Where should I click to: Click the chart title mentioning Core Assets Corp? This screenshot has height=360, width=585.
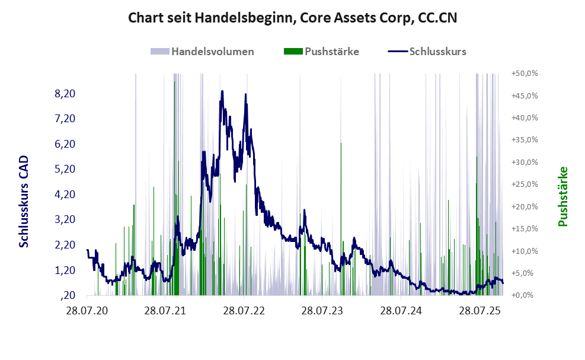pos(293,19)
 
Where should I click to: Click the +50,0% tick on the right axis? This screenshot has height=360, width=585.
pos(524,74)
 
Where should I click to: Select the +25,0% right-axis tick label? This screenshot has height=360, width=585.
pos(524,184)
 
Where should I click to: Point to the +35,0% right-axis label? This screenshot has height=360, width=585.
pos(524,140)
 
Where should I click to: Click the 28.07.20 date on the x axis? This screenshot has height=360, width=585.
pos(87,310)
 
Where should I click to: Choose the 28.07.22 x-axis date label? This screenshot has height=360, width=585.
pos(244,310)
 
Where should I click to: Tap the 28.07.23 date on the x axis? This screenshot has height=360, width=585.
pos(322,310)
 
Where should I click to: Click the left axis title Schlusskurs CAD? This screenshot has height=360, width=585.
pos(24,202)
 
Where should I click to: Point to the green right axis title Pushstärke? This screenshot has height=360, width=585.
pos(562,196)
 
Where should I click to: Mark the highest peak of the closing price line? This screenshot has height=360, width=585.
pos(222,91)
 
